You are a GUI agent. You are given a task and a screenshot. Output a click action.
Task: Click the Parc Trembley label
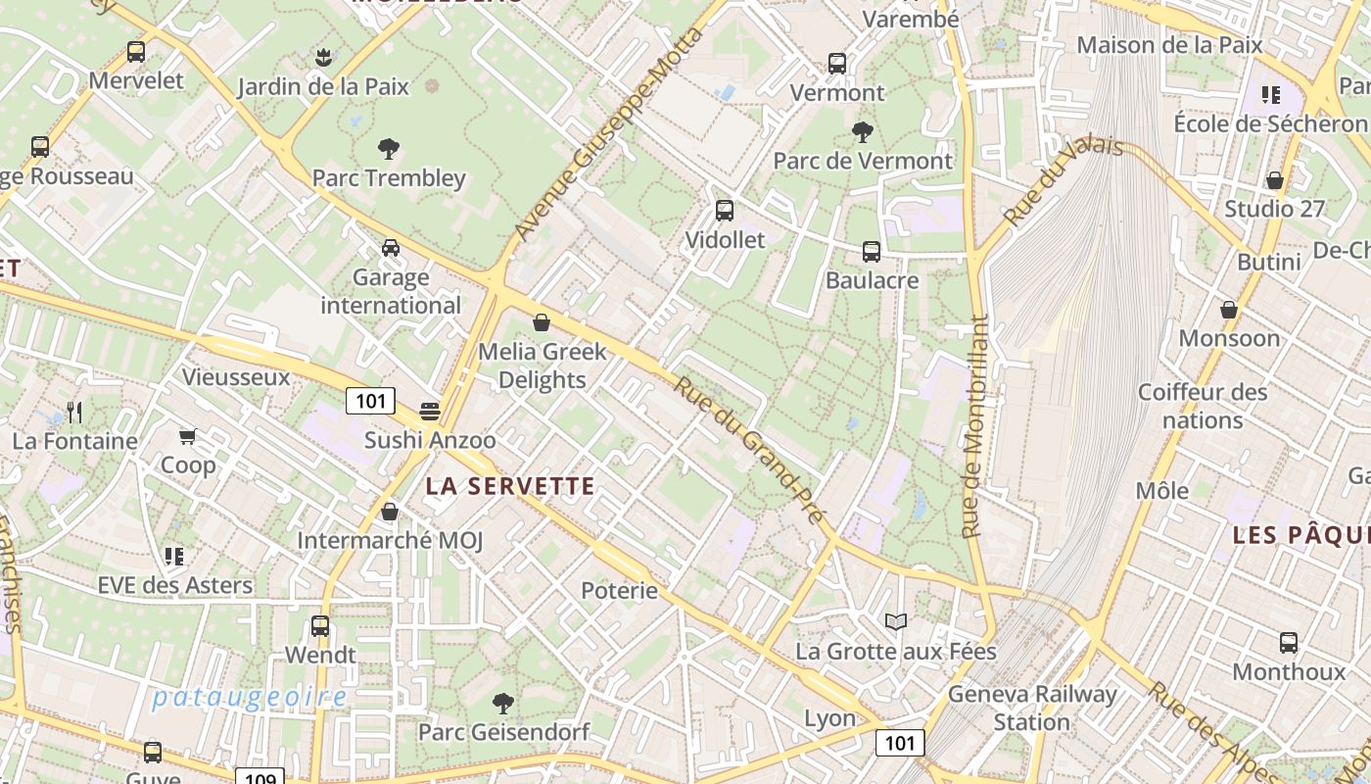[x=389, y=178]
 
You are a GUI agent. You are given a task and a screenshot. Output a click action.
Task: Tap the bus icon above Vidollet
[x=725, y=210]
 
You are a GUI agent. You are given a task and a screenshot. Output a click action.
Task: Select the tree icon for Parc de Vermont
[x=863, y=131]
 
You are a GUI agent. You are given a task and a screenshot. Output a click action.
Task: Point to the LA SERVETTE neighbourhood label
[x=510, y=486]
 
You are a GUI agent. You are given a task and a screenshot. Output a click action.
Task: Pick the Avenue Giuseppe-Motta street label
[x=608, y=134]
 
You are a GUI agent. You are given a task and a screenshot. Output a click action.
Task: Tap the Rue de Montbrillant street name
[x=974, y=426]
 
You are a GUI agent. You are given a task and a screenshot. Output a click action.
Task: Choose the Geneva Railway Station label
[x=1031, y=708]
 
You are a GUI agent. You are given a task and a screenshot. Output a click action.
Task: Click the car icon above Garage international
[x=391, y=248]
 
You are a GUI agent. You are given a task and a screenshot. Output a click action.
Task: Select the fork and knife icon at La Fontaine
[x=74, y=412]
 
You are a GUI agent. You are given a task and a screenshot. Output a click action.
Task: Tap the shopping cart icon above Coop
[x=187, y=436]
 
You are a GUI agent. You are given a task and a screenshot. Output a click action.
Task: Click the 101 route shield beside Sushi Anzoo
[x=370, y=400]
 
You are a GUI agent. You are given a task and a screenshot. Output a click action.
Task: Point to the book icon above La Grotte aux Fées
[x=896, y=621]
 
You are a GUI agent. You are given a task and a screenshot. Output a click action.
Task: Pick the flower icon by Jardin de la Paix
[x=323, y=58]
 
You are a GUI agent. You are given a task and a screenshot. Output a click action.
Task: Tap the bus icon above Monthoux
[x=1289, y=643]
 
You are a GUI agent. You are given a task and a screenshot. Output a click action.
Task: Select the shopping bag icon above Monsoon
[x=1229, y=310]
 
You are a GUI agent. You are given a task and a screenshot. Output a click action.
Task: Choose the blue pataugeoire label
[x=250, y=698]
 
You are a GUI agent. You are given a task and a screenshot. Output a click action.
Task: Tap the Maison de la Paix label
[x=1169, y=44]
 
